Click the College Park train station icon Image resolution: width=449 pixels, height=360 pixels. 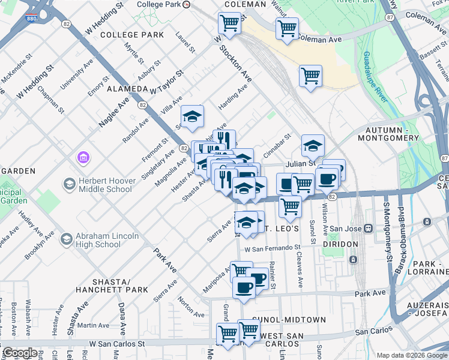[186, 4]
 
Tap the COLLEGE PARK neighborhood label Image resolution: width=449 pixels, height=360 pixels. [132, 35]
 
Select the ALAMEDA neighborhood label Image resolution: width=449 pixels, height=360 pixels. [127, 89]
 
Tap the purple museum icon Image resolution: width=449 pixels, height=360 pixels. [83, 158]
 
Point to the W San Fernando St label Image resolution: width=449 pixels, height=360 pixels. [271, 248]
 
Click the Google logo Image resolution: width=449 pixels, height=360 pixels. [19, 353]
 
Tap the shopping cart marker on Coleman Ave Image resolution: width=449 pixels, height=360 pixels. [287, 28]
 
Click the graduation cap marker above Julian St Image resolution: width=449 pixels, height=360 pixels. [313, 145]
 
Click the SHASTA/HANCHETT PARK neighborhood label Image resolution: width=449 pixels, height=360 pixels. [112, 286]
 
